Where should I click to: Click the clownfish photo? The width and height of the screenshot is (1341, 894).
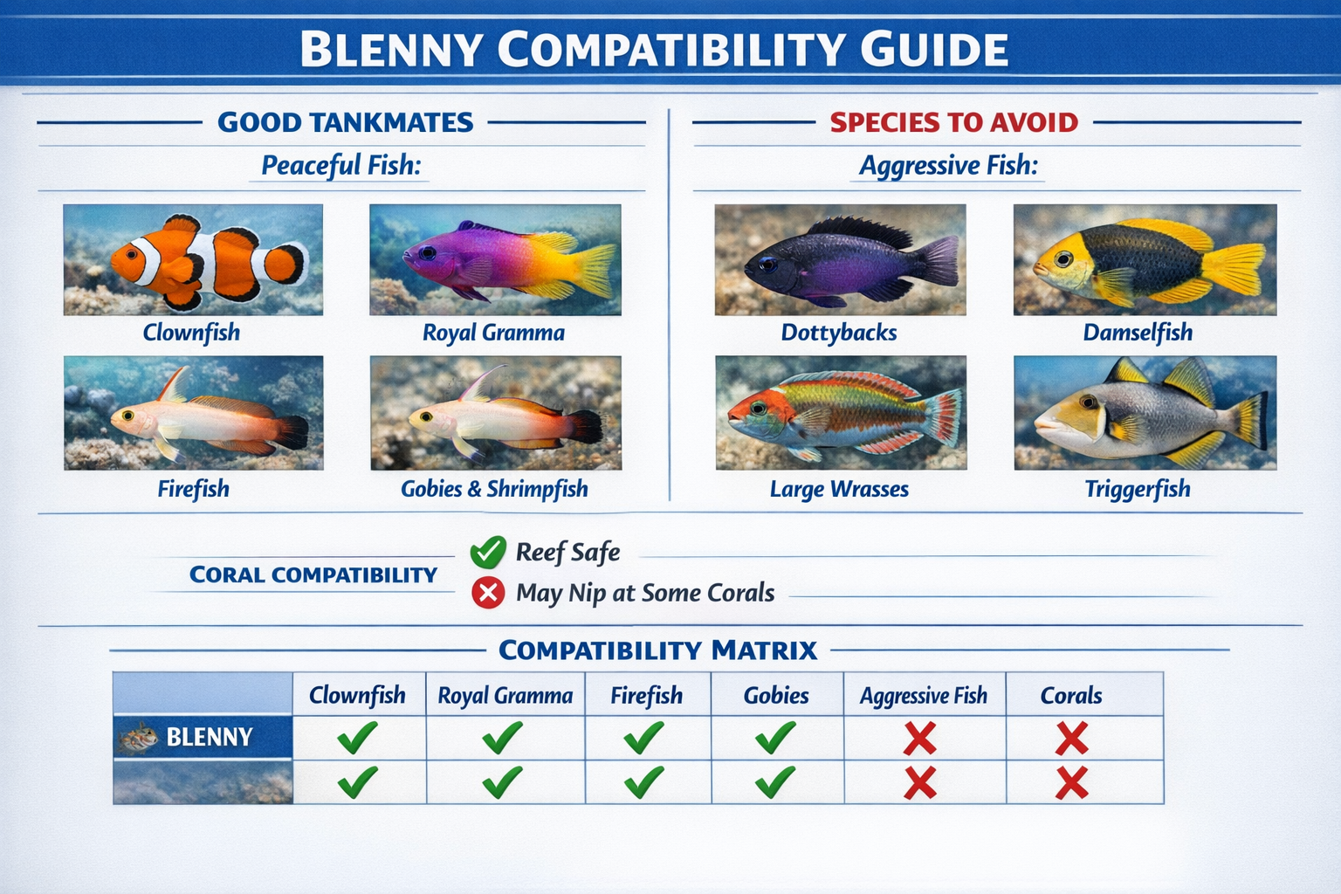[x=193, y=259]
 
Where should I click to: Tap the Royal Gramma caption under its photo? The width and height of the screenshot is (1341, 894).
[x=493, y=333]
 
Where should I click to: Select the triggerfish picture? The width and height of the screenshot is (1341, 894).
[x=1145, y=413]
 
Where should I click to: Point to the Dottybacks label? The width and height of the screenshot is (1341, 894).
[x=838, y=333]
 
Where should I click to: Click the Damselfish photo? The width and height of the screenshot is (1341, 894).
[x=1145, y=259]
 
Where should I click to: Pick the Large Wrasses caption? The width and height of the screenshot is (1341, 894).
[x=839, y=489]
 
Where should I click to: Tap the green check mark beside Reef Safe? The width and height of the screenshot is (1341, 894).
[x=488, y=552]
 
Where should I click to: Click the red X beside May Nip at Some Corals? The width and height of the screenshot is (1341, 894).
[x=488, y=593]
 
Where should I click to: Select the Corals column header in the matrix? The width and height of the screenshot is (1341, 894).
[x=1071, y=696]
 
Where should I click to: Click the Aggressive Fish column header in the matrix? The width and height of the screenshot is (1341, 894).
[x=924, y=696]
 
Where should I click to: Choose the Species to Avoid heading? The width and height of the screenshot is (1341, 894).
[x=953, y=122]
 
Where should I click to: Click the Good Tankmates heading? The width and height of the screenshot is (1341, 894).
[x=345, y=122]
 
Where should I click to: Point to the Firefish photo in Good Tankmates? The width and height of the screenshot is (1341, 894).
[x=193, y=413]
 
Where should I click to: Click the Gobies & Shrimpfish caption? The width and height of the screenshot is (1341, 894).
[x=494, y=489]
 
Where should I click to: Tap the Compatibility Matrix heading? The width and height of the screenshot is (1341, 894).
[x=657, y=650]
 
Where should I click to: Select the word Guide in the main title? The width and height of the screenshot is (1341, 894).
[x=933, y=50]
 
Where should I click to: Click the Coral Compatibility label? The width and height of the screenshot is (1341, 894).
[x=313, y=574]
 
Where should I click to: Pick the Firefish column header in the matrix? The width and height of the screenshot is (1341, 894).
[x=646, y=696]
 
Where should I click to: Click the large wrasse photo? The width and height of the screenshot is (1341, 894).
[x=840, y=413]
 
